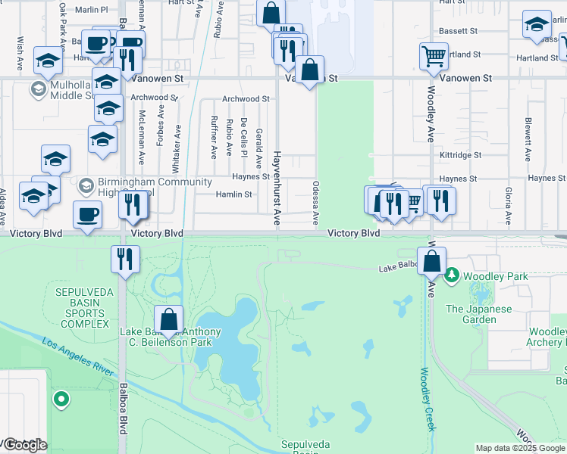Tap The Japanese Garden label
click(481, 314)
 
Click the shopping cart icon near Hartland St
click(434, 55)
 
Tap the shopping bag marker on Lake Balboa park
click(169, 319)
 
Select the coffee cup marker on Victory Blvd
click(87, 215)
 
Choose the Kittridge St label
click(460, 155)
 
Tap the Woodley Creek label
click(427, 400)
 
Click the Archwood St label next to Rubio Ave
click(246, 99)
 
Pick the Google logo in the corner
click(24, 445)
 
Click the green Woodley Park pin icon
click(453, 274)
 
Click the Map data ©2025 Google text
click(519, 448)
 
